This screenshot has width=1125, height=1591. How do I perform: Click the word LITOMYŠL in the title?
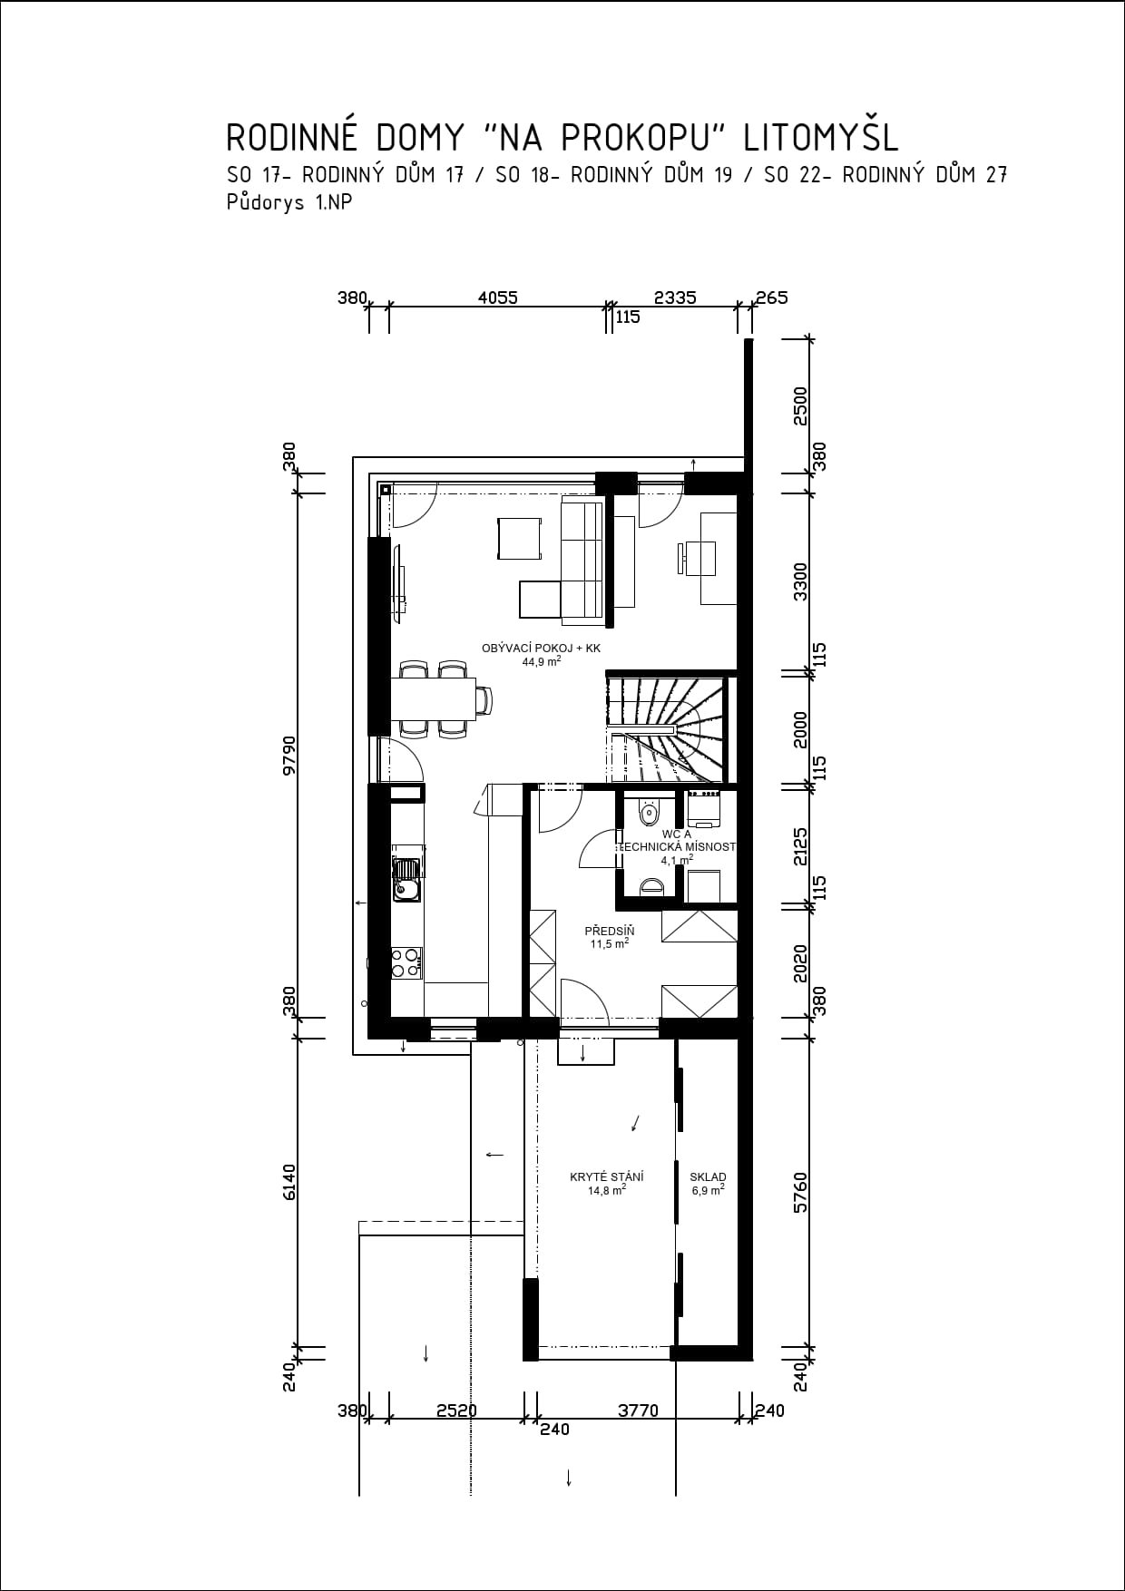tap(821, 137)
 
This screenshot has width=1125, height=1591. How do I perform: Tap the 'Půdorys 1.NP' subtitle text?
tap(289, 203)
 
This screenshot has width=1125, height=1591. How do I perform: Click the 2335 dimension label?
tap(675, 297)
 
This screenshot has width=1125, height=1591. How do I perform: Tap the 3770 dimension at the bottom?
tap(638, 1410)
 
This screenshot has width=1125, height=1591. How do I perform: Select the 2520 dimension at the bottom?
tap(456, 1410)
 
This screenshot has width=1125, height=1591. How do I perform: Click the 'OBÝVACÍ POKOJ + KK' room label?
tap(541, 649)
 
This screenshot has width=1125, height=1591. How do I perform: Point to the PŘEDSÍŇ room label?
tap(609, 932)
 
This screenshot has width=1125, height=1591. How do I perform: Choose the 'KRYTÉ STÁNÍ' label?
tap(607, 1177)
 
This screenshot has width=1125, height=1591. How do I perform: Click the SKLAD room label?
tap(708, 1177)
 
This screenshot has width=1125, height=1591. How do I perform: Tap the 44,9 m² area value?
tap(541, 661)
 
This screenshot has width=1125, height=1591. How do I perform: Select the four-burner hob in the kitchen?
tap(406, 962)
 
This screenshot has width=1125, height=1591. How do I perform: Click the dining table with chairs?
tap(440, 698)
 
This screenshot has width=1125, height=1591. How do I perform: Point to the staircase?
tap(670, 727)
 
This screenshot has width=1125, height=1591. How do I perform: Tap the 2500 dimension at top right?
tap(800, 405)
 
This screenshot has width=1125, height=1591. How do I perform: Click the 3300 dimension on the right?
tap(800, 581)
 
